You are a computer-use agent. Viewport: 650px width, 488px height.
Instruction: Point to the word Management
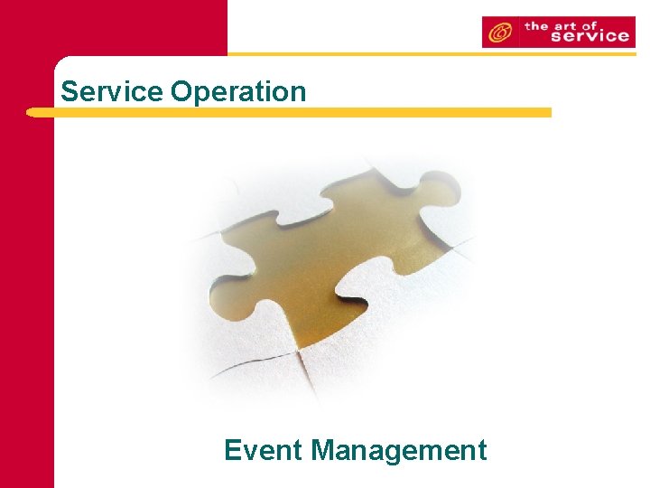[x=399, y=450]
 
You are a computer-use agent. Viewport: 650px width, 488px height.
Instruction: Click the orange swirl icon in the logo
[x=498, y=33]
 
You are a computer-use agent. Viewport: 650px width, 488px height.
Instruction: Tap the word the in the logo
[x=537, y=24]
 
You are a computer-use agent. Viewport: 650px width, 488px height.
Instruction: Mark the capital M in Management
[x=324, y=449]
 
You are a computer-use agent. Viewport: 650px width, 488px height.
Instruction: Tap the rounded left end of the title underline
[x=32, y=113]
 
